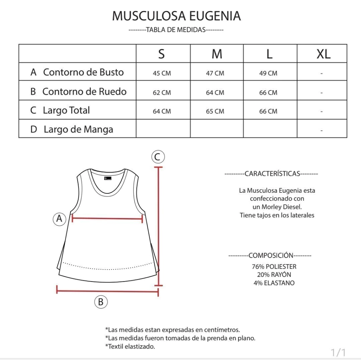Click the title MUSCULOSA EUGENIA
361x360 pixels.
(x=176, y=16)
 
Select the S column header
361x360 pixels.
(x=161, y=54)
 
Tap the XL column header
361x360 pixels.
(x=323, y=54)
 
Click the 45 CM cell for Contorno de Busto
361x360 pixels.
(x=162, y=73)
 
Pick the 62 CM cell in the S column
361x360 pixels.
(x=162, y=93)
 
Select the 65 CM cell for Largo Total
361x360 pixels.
(x=215, y=111)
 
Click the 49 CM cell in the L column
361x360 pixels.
(x=268, y=73)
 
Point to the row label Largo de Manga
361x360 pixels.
(x=78, y=129)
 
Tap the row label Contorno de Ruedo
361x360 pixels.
(x=84, y=92)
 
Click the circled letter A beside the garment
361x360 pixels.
(x=60, y=219)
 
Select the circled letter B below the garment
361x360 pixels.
(x=100, y=302)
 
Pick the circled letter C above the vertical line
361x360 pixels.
(x=158, y=157)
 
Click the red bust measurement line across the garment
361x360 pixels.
(x=107, y=219)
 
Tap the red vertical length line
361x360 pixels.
(x=160, y=225)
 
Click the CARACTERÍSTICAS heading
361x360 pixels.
(x=271, y=174)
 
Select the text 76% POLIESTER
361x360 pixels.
(x=274, y=267)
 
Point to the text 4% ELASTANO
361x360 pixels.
(x=274, y=283)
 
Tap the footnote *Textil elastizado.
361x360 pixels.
(x=130, y=346)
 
